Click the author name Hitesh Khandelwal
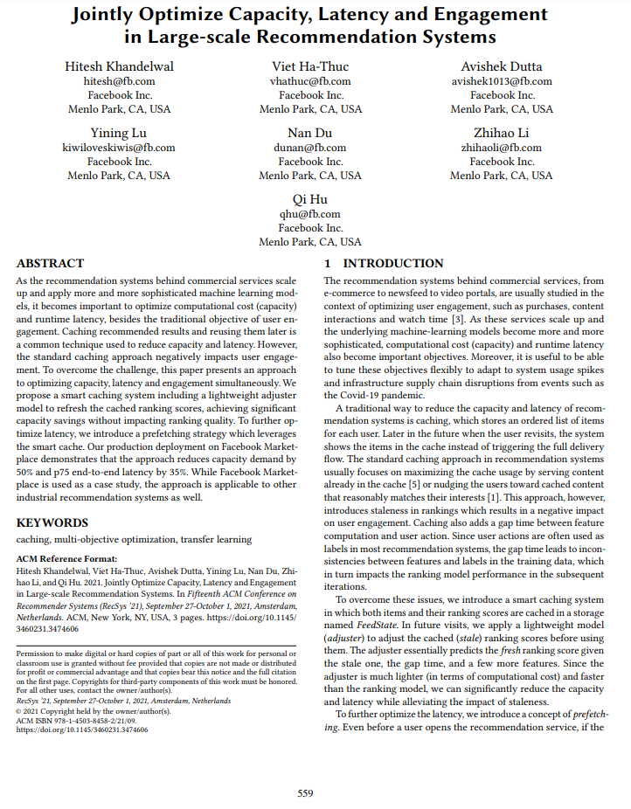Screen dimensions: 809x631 pos(119,67)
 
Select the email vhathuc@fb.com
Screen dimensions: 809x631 pos(310,81)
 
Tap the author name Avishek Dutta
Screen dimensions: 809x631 pos(502,67)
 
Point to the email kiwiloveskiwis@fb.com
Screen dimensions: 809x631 pos(119,148)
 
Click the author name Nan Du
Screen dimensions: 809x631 pos(310,134)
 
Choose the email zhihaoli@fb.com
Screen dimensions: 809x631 pos(502,148)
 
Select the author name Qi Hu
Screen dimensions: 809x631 pos(310,200)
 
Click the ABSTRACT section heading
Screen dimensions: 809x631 pos(51,263)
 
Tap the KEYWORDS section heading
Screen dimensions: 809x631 pos(52,522)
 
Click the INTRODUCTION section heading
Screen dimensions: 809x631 pos(393,263)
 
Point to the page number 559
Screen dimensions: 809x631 pos(305,793)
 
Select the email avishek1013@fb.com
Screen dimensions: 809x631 pos(502,81)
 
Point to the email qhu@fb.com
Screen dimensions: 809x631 pos(310,214)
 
